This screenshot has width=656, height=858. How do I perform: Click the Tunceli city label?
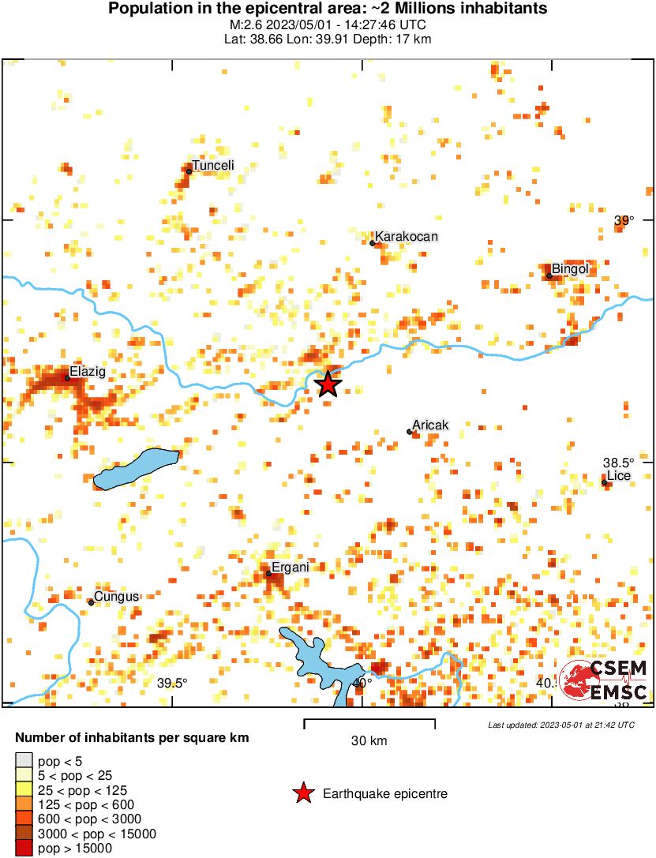tap(213, 166)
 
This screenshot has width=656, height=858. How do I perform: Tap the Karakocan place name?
tap(406, 237)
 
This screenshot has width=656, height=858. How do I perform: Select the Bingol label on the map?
tap(570, 270)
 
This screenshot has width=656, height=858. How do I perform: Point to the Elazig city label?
tap(87, 371)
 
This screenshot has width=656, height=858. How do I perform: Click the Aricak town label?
tap(430, 425)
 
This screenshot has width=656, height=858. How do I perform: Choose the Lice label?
tap(618, 476)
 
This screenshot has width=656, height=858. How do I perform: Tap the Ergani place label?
tap(289, 568)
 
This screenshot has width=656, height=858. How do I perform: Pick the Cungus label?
tap(116, 597)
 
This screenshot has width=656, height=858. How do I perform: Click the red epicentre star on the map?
tap(328, 384)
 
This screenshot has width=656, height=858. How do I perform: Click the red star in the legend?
tap(302, 793)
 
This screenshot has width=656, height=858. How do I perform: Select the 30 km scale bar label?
tap(369, 741)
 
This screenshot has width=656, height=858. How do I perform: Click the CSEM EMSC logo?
tap(604, 680)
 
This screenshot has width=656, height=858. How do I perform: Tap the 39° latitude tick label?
tap(624, 221)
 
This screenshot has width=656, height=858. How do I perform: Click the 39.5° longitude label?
tap(171, 684)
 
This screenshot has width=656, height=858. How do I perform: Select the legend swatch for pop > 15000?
tap(24, 849)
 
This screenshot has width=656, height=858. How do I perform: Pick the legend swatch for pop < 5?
tap(24, 761)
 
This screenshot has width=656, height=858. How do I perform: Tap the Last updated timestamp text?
tap(560, 725)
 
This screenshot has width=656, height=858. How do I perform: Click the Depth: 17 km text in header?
tap(397, 39)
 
